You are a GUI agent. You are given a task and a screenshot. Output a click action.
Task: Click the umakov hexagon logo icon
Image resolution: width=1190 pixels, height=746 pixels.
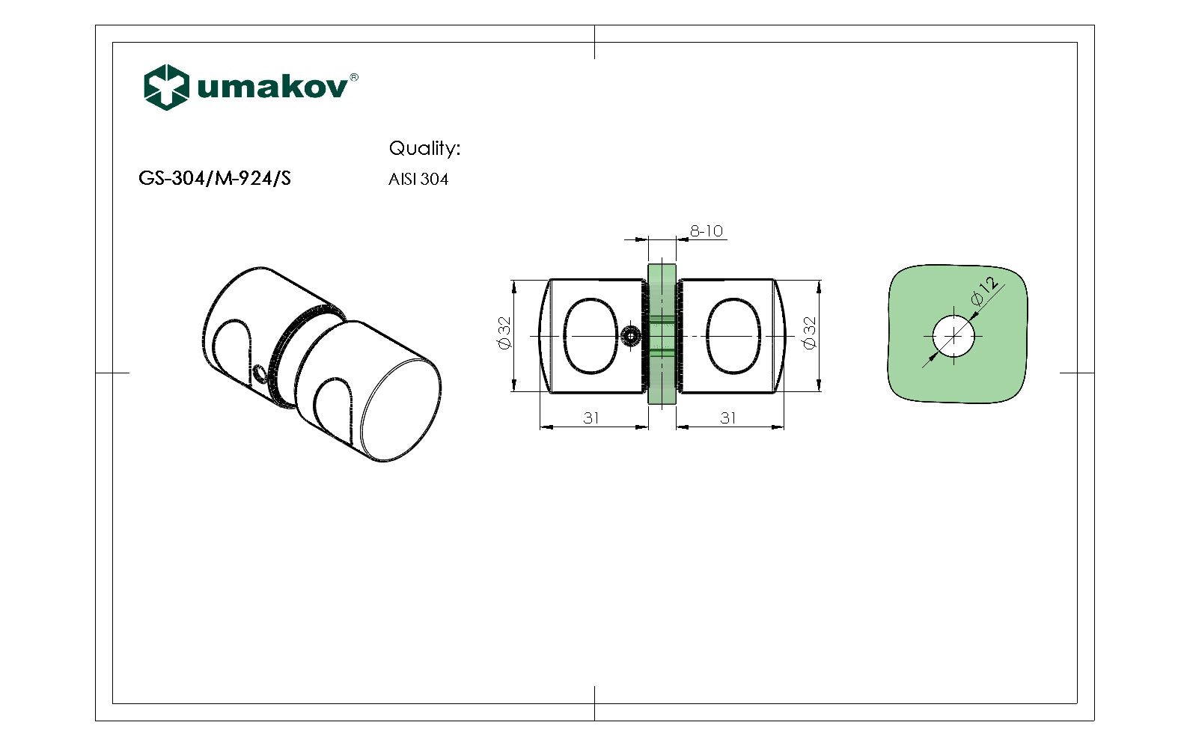click(x=165, y=88)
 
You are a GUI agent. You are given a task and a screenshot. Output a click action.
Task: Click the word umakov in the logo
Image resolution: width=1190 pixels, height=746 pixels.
click(x=272, y=88)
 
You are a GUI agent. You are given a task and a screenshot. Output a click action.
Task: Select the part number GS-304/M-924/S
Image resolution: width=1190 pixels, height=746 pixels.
click(x=215, y=179)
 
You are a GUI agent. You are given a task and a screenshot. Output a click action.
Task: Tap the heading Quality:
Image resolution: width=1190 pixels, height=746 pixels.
click(x=424, y=148)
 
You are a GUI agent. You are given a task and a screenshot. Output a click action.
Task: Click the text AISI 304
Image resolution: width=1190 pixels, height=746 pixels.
click(x=418, y=180)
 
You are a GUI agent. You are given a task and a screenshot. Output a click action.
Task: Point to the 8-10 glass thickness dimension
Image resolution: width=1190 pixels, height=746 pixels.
click(x=707, y=231)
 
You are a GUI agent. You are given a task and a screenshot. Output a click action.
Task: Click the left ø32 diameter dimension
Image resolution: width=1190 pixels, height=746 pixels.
click(x=504, y=332)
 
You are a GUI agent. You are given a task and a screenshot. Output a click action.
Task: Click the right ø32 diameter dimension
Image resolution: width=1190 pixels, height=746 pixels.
click(x=809, y=332)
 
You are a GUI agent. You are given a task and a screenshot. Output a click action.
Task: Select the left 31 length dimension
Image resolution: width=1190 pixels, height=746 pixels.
click(x=591, y=418)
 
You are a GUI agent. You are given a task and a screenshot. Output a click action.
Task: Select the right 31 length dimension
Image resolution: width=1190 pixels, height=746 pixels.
click(x=728, y=418)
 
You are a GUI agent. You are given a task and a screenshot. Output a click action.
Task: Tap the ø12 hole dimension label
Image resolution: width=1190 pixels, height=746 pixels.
click(x=985, y=291)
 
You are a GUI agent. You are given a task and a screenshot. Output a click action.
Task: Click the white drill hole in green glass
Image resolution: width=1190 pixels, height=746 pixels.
click(x=954, y=337)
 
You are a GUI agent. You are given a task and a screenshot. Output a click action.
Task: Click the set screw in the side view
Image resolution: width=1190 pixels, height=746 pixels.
click(x=632, y=337)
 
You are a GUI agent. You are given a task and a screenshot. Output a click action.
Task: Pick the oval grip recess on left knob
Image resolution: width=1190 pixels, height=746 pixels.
click(x=591, y=336)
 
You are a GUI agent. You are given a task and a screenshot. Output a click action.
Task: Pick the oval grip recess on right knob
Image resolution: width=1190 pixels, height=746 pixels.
click(x=733, y=336)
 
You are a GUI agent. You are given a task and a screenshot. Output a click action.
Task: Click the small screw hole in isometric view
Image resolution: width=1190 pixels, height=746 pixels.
click(x=260, y=373)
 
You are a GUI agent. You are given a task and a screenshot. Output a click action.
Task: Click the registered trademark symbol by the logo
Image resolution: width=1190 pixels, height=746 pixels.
click(x=354, y=77)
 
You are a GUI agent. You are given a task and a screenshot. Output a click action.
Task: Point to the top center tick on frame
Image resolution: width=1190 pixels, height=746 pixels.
click(x=595, y=42)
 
